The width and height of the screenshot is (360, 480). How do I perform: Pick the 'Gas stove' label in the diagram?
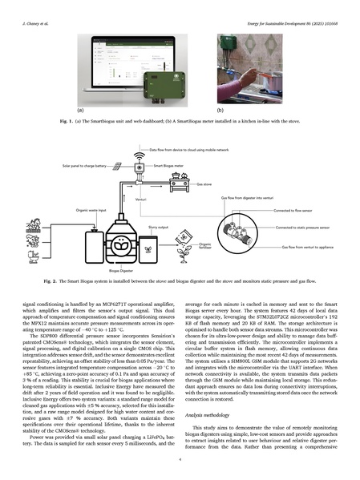pyautogui.click(x=204, y=183)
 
